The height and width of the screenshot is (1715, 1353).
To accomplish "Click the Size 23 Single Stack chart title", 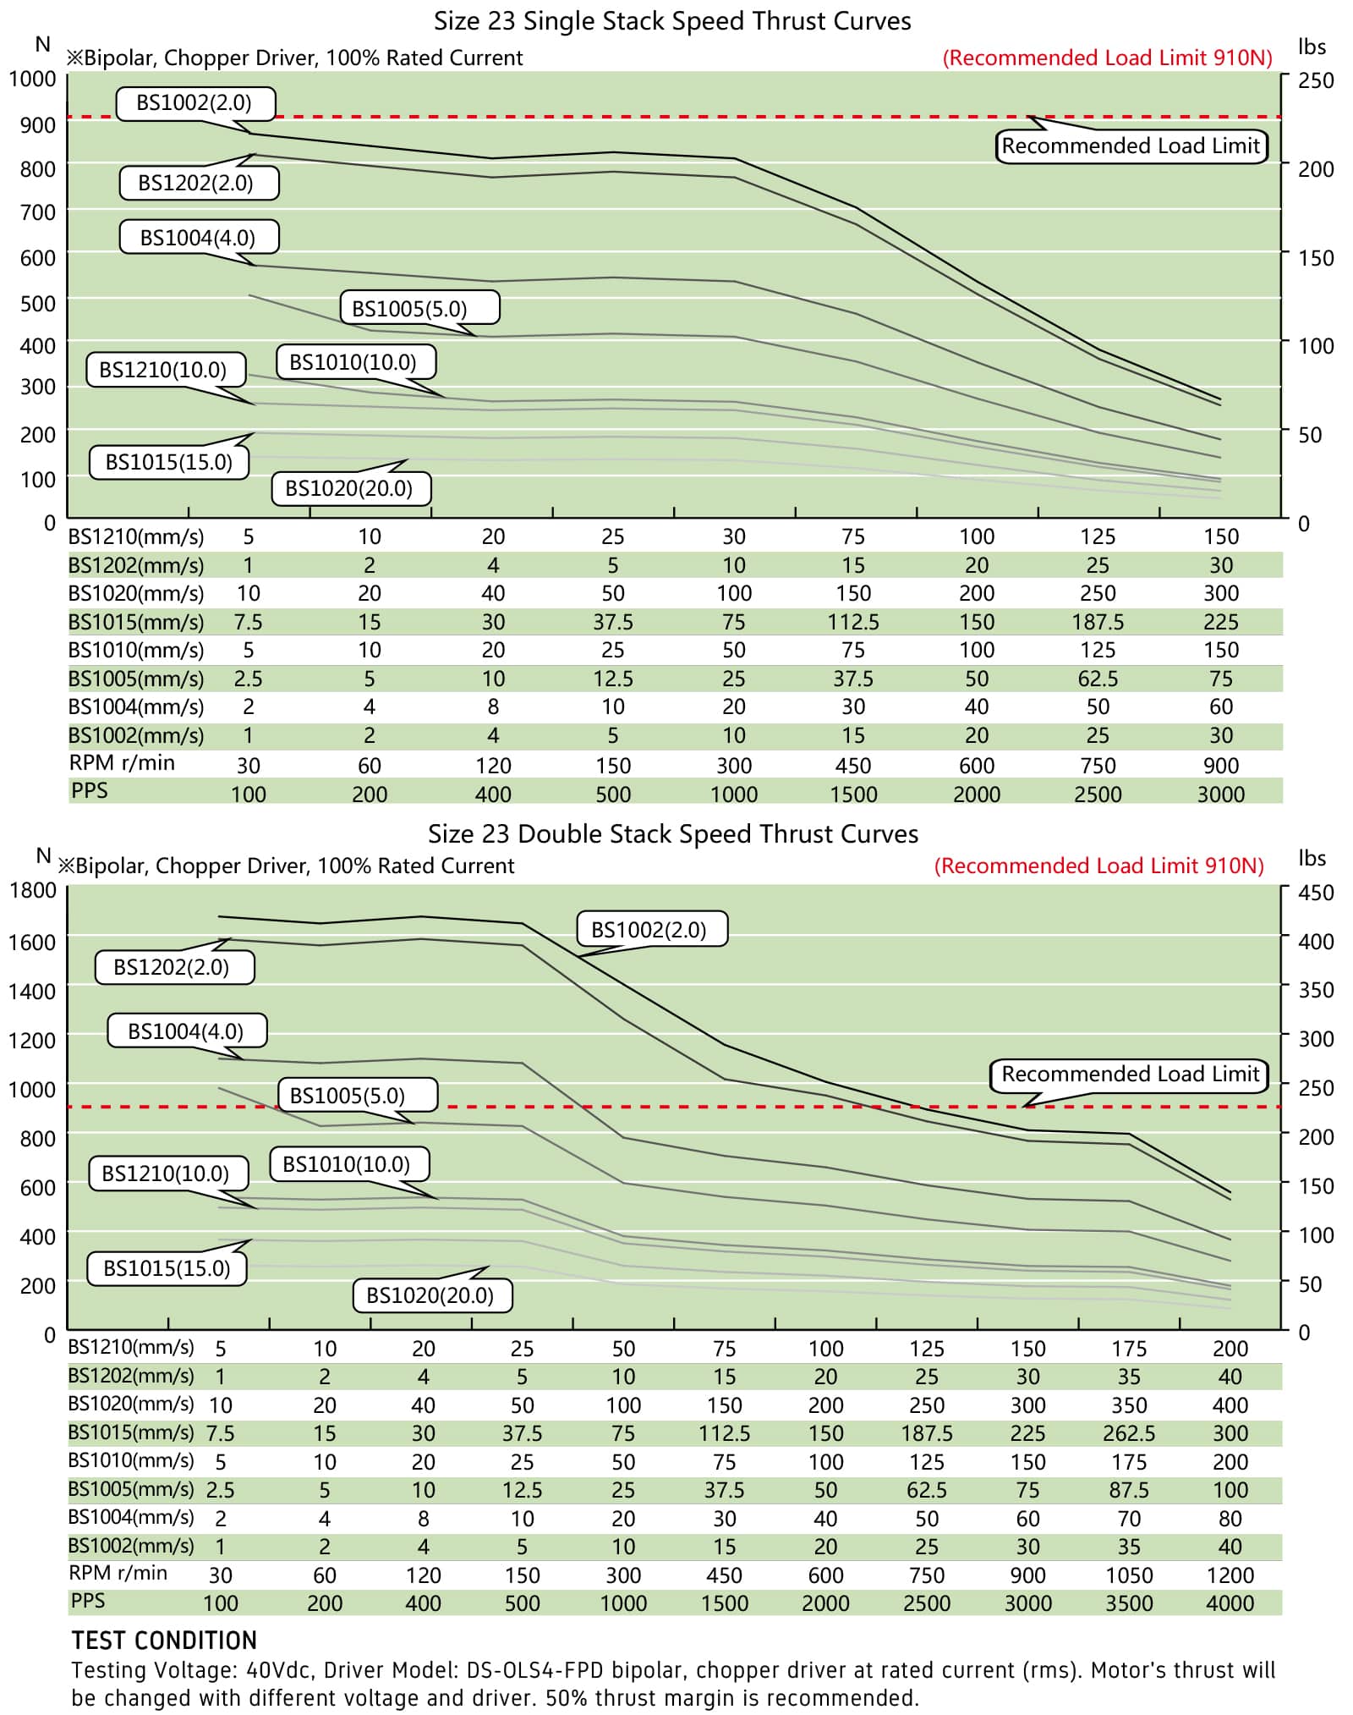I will (x=672, y=21).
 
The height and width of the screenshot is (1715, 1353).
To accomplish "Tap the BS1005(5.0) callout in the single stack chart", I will (x=419, y=308).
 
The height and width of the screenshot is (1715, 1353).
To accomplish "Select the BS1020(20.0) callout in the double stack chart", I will (x=430, y=1295).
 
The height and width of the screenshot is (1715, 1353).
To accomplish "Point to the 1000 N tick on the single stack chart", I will (x=32, y=79).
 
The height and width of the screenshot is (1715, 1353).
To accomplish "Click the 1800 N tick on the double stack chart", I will (x=32, y=890).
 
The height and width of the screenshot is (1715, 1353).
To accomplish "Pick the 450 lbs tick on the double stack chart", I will (x=1316, y=893).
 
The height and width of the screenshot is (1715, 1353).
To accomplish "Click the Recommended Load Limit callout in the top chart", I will (x=1131, y=146).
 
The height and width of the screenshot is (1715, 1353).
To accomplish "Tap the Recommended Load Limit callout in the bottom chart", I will (x=1130, y=1075).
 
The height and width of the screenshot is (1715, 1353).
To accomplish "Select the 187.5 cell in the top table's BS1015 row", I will (x=1098, y=623).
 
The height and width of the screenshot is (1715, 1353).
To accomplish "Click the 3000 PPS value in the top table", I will (x=1220, y=794).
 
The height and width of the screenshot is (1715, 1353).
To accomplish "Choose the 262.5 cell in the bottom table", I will (x=1129, y=1434).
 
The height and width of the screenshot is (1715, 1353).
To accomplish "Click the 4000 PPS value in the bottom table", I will (x=1230, y=1603).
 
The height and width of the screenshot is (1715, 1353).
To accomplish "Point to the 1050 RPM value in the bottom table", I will (x=1129, y=1575).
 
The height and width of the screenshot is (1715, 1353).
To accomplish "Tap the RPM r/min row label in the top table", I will (x=122, y=763).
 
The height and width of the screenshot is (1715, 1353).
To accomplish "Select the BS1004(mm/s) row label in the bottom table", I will (x=131, y=1518).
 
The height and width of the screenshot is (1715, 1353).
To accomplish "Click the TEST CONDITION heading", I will (x=164, y=1641).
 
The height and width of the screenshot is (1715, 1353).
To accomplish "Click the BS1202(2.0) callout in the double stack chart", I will (x=172, y=967).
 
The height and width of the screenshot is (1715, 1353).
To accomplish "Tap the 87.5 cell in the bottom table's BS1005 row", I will (x=1129, y=1490).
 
